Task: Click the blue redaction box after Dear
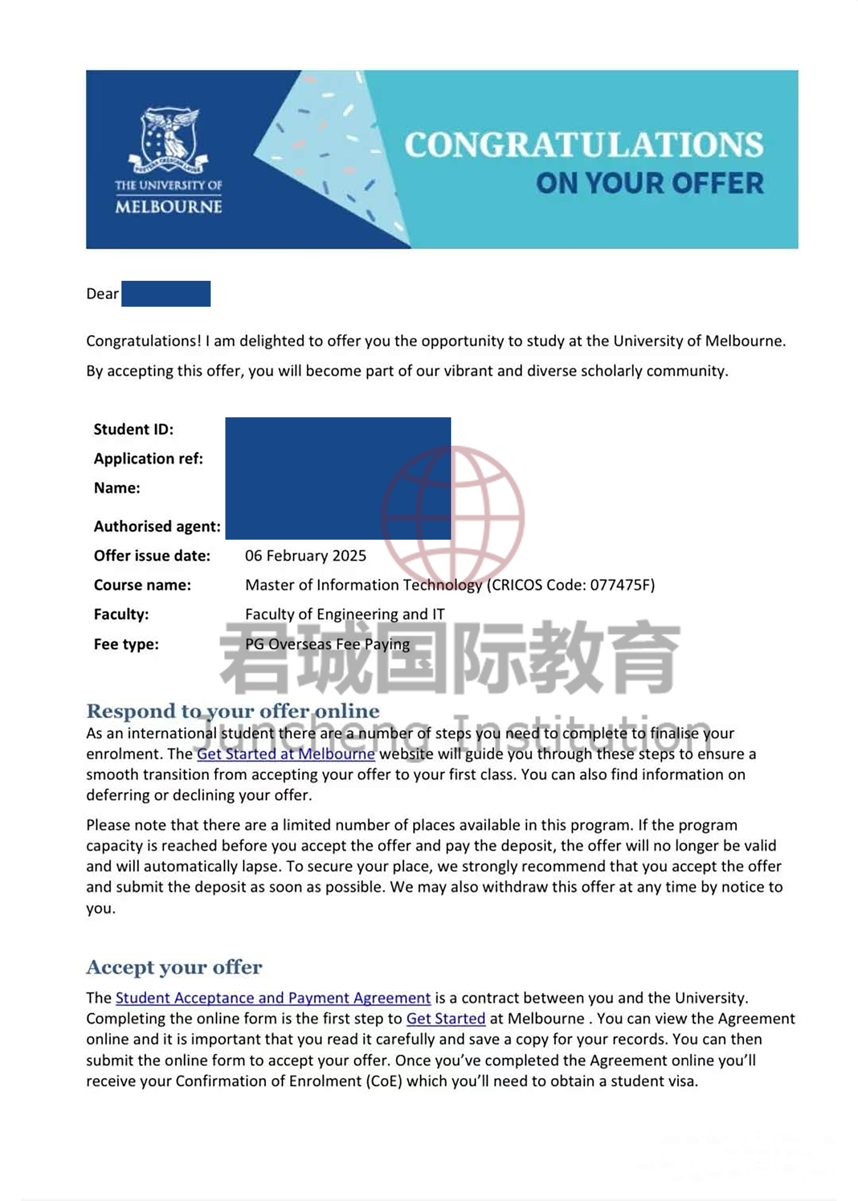pos(166,294)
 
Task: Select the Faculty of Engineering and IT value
pos(345,614)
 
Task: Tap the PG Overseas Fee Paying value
pos(327,644)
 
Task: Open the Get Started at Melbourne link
pos(286,754)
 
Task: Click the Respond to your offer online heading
pos(233,711)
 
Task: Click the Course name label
pos(142,585)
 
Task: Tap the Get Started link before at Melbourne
pos(445,1019)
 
